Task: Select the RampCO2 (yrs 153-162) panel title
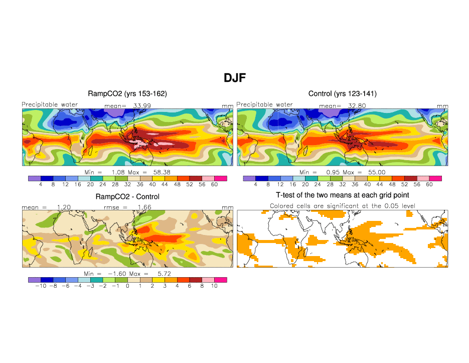(127, 94)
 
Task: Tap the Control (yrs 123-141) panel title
(343, 94)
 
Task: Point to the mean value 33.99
(142, 106)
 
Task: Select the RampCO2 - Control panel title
(127, 197)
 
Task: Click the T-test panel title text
(343, 195)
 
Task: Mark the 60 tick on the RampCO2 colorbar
(214, 184)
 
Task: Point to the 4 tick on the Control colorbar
(255, 184)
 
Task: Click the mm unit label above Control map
(442, 106)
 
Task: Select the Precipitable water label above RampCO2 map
(50, 104)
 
